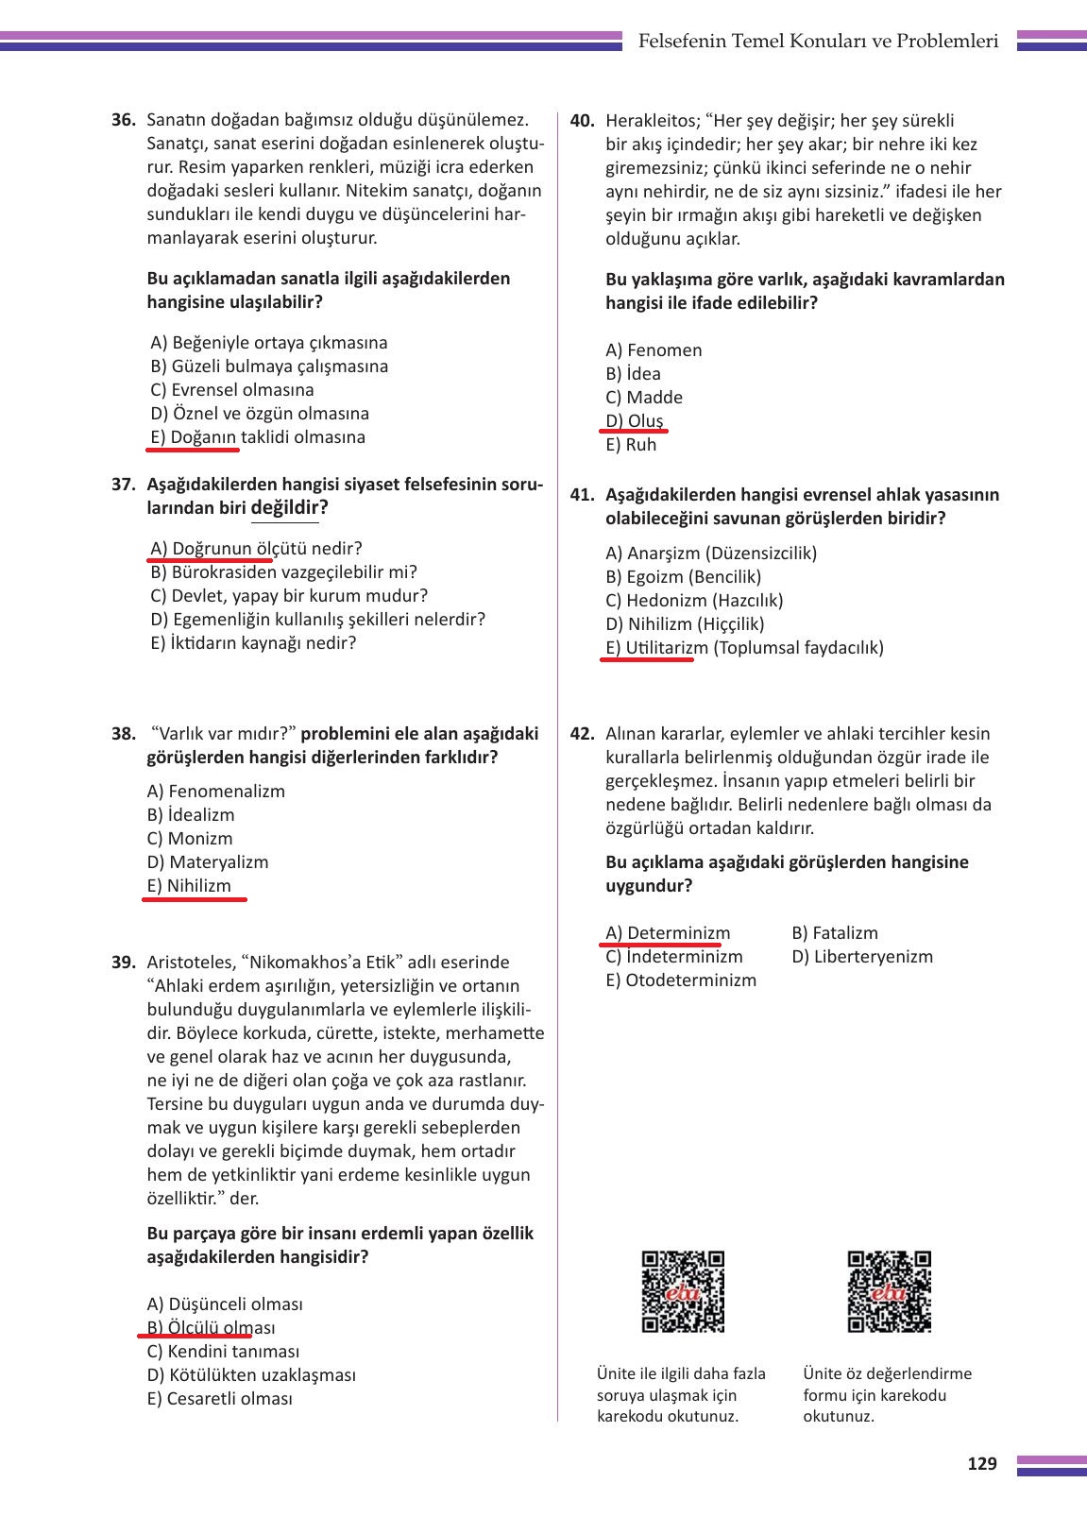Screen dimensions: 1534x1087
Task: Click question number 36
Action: click(124, 121)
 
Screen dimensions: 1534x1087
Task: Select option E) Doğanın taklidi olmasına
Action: click(258, 437)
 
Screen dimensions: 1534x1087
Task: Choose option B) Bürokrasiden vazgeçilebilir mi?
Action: click(283, 572)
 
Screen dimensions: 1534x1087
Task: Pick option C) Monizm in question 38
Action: click(190, 839)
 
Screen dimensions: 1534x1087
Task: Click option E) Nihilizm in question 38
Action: click(189, 886)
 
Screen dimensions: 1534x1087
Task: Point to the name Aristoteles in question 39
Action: click(190, 963)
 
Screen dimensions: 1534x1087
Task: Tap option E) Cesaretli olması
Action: click(220, 1399)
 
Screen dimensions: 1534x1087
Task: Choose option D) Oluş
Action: click(635, 421)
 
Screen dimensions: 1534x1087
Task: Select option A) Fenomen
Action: click(654, 350)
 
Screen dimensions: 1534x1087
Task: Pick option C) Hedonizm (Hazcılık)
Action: click(694, 601)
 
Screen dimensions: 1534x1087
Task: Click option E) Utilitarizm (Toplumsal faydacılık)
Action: click(744, 648)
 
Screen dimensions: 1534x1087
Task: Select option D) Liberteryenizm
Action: click(862, 957)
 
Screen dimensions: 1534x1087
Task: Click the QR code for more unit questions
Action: click(683, 1291)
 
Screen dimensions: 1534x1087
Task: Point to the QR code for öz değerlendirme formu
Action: click(889, 1291)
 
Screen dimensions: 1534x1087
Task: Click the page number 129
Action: click(982, 1464)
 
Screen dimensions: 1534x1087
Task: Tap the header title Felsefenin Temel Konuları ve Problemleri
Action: click(818, 42)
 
